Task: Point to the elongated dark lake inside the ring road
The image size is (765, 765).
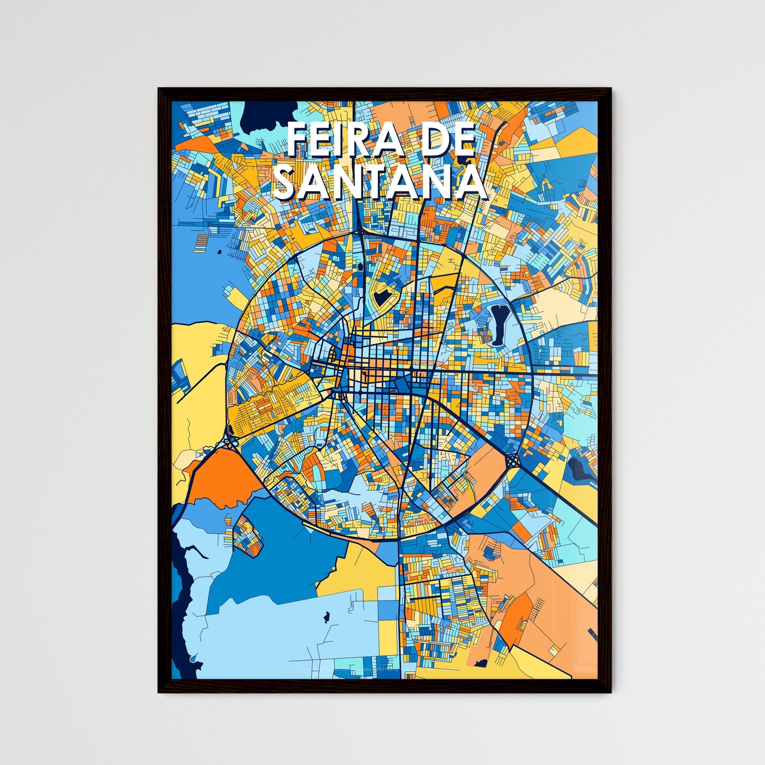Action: (x=498, y=325)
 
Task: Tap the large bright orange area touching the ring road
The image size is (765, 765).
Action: (x=222, y=476)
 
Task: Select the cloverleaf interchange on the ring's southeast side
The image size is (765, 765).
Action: (x=513, y=461)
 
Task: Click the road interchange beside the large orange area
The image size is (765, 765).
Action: (x=231, y=437)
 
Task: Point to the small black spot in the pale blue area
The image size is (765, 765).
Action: (x=326, y=616)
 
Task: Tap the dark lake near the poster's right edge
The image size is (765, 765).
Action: (x=577, y=468)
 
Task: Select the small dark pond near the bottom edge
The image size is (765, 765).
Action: (x=481, y=663)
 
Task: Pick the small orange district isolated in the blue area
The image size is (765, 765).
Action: (x=248, y=535)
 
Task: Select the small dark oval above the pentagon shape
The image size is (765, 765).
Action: (x=360, y=266)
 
